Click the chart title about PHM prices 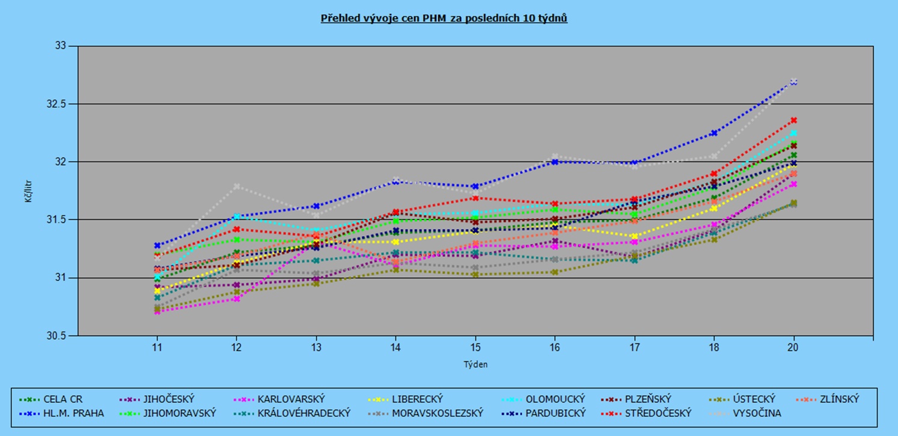pos(444,18)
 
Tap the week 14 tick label pos(396,348)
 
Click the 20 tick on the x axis pos(793,348)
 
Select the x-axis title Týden pos(475,364)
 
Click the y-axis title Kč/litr pos(28,191)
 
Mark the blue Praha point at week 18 pos(714,133)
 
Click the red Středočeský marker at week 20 pos(793,120)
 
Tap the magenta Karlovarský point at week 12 pos(236,298)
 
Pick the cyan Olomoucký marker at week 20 pos(793,133)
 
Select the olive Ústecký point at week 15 pos(475,274)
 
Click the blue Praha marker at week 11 pos(157,245)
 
